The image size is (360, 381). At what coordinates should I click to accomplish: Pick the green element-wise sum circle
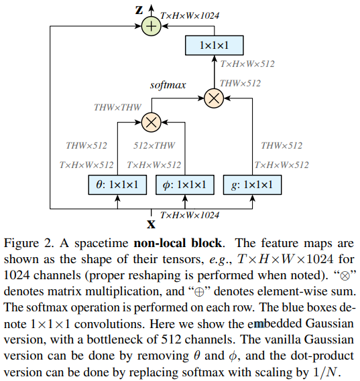(x=152, y=25)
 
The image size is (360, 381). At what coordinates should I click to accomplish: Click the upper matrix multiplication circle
(x=213, y=98)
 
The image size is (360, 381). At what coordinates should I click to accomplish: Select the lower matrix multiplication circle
(x=152, y=122)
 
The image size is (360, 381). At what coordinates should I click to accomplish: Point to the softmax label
(x=167, y=85)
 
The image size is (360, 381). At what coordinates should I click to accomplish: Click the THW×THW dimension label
(x=117, y=106)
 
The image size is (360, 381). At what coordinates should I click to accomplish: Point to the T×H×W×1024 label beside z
(x=191, y=13)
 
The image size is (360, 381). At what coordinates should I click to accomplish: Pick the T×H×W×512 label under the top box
(x=247, y=64)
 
